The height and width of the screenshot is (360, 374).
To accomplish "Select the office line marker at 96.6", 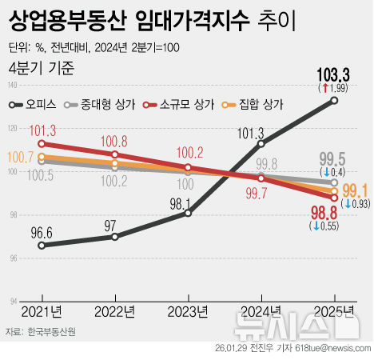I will point(42,245).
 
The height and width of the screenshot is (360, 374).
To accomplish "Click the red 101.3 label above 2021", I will point(41,130).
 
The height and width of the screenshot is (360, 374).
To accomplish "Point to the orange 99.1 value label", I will point(354,190).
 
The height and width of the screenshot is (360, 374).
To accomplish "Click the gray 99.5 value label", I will point(332,158).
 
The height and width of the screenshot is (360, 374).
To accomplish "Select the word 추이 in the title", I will point(274,22).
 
